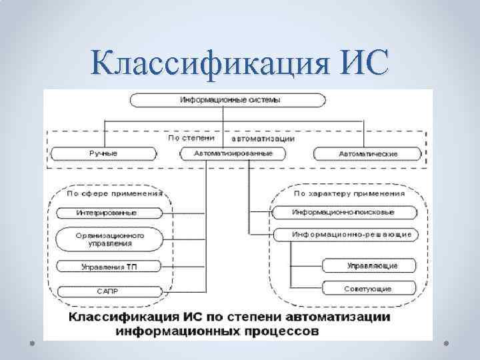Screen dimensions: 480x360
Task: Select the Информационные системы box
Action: point(229,100)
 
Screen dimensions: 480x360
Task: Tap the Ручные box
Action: point(104,153)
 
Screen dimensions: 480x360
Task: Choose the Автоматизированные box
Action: point(233,153)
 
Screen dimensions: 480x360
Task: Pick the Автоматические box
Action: point(367,153)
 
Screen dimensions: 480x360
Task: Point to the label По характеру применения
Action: point(349,193)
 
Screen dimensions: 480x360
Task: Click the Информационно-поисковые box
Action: point(343,213)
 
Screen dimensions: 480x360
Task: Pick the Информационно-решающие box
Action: point(343,235)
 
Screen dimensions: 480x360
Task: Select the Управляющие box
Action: point(371,265)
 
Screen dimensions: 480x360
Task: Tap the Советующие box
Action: point(371,289)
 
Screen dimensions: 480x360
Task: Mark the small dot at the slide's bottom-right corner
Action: point(445,343)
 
